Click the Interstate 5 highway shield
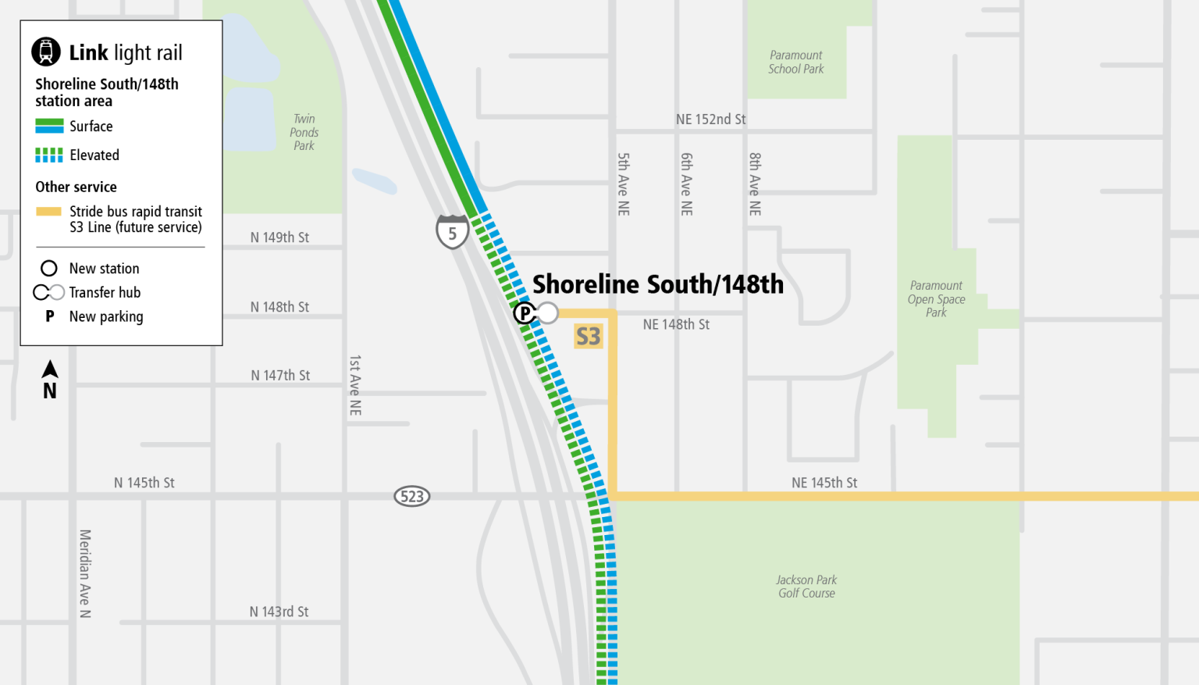click(452, 232)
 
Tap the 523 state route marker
click(411, 496)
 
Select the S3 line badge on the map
click(589, 336)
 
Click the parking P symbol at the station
click(525, 313)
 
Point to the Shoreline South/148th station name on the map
click(657, 284)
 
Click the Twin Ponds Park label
click(304, 132)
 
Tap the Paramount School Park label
click(795, 62)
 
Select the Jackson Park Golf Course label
click(806, 587)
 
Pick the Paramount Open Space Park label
click(936, 299)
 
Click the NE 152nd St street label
click(710, 120)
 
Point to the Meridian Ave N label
click(85, 573)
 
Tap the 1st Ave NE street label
click(355, 385)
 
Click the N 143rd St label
click(279, 612)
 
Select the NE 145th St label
click(824, 483)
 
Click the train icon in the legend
click(46, 52)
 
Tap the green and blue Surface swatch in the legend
click(49, 126)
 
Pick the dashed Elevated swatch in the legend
click(49, 155)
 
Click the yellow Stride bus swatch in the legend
click(48, 212)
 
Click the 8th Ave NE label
click(755, 184)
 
